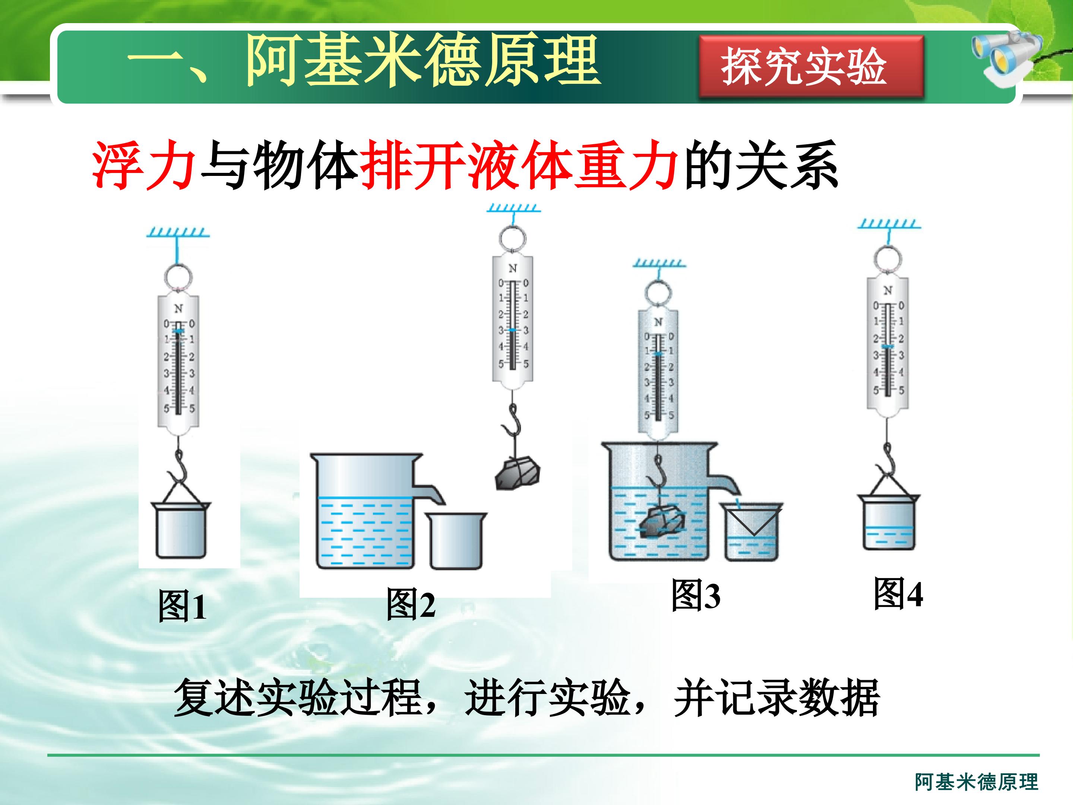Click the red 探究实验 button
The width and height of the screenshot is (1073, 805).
pyautogui.click(x=811, y=67)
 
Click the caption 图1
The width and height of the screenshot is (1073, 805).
pyautogui.click(x=183, y=606)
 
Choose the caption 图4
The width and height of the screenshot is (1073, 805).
pyautogui.click(x=898, y=593)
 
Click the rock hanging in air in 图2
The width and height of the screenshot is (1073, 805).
pyautogui.click(x=517, y=473)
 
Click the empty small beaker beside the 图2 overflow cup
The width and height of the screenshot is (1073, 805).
pyautogui.click(x=456, y=540)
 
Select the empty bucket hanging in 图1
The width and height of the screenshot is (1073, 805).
pyautogui.click(x=180, y=530)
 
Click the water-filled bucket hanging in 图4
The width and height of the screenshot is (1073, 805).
pyautogui.click(x=888, y=522)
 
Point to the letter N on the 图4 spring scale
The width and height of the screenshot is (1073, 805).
pyautogui.click(x=888, y=290)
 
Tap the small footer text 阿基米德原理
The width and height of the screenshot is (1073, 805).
pyautogui.click(x=977, y=782)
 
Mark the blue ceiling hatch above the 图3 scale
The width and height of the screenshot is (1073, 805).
pyautogui.click(x=659, y=264)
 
